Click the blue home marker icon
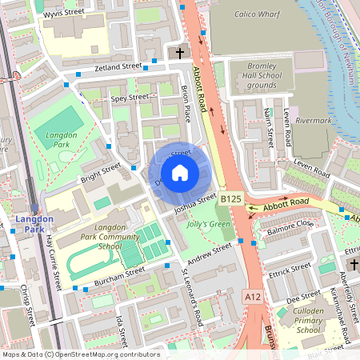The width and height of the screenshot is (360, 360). [180, 172]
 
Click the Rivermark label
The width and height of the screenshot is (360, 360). [314, 122]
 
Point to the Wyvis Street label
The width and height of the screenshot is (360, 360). [65, 12]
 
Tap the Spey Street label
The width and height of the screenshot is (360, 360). [130, 98]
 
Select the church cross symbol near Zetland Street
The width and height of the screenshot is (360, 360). [180, 54]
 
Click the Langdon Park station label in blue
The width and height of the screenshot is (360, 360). [34, 224]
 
